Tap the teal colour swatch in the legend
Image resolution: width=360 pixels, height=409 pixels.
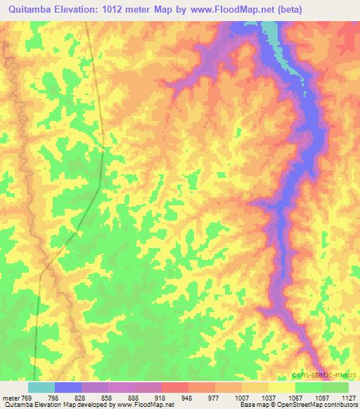click(x=41, y=387)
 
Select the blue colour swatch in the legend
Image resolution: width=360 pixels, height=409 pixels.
click(x=67, y=387)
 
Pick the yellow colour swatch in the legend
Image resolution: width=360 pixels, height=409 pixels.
click(x=281, y=387)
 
